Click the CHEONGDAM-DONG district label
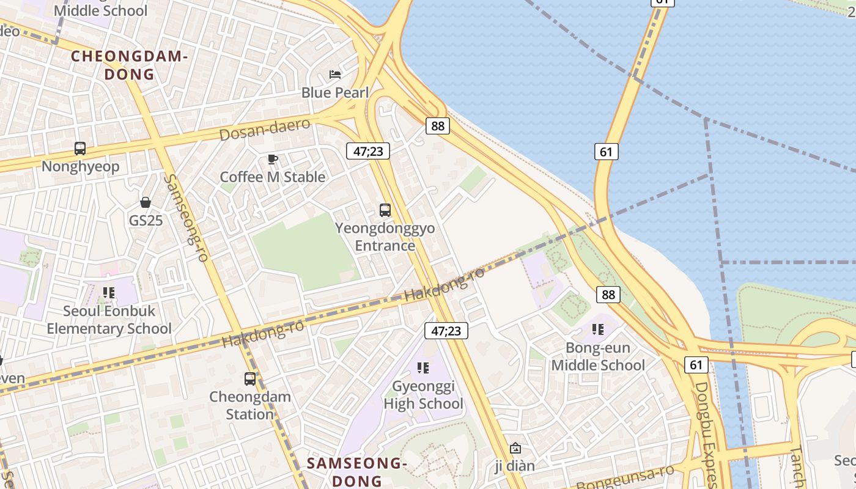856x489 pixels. click(x=128, y=65)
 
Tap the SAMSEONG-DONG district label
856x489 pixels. click(x=357, y=471)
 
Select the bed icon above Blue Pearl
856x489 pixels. click(x=335, y=75)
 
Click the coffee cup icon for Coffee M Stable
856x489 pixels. click(x=273, y=160)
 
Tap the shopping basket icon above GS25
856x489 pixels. click(x=146, y=202)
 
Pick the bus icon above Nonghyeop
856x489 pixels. click(x=80, y=148)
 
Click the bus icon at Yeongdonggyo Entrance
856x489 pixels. click(x=385, y=210)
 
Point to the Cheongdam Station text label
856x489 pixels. click(x=242, y=405)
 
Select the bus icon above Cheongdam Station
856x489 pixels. click(x=250, y=379)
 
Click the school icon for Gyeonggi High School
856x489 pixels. click(x=423, y=368)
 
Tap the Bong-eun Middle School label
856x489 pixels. click(x=598, y=356)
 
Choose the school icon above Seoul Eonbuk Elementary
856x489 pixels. click(x=109, y=293)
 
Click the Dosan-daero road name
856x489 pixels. click(x=264, y=129)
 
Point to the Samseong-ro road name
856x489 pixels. click(x=186, y=218)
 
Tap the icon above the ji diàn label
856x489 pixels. click(x=515, y=448)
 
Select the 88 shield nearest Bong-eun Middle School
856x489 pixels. click(x=608, y=295)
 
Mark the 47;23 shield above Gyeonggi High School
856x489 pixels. click(x=446, y=331)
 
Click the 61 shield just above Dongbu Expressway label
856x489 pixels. click(x=696, y=365)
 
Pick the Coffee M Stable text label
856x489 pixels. click(x=273, y=177)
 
